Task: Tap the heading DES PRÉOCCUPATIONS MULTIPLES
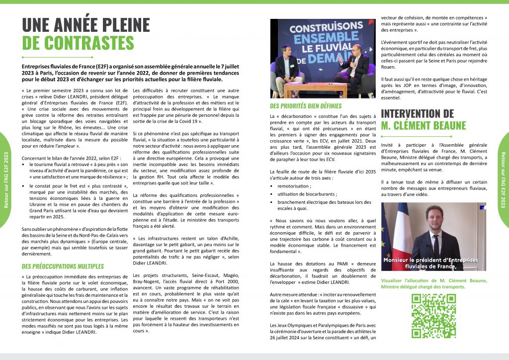pyautogui.click(x=63, y=266)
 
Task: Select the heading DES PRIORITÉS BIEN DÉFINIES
pyautogui.click(x=306, y=106)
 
